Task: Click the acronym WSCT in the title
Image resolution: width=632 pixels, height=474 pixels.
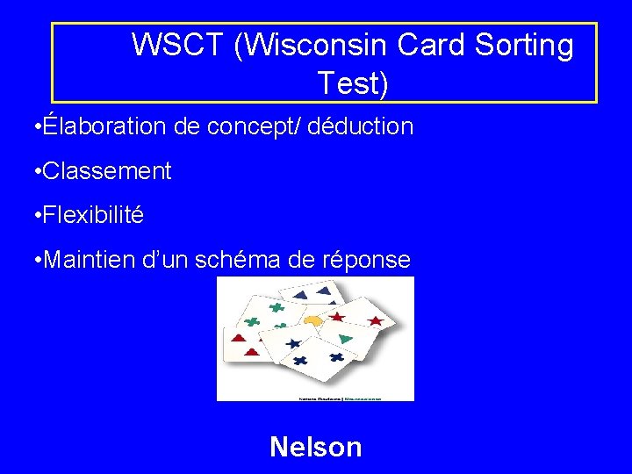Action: pyautogui.click(x=178, y=46)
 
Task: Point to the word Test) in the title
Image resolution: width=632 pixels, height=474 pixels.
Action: pyautogui.click(x=352, y=83)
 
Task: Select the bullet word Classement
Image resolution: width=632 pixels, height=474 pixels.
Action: pyautogui.click(x=106, y=171)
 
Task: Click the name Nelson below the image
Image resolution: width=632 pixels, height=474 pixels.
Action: pyautogui.click(x=316, y=447)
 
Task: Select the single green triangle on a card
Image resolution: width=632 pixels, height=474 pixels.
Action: pyautogui.click(x=345, y=338)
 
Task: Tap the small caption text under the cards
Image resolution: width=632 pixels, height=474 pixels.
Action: pyautogui.click(x=315, y=397)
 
